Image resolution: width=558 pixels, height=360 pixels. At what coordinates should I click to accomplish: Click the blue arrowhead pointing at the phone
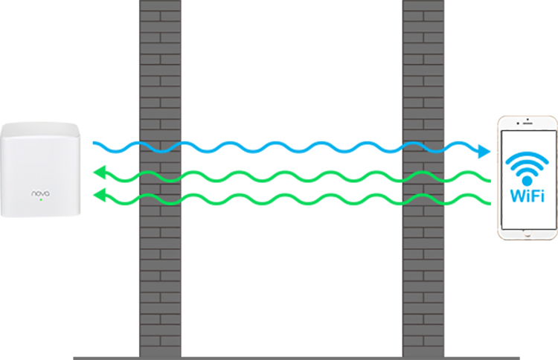[484, 151]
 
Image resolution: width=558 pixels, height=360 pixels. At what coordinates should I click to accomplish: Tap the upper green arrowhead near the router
[99, 173]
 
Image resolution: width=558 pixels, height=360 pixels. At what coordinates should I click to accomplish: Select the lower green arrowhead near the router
[99, 195]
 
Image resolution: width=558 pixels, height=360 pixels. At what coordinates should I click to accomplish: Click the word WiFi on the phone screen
[527, 196]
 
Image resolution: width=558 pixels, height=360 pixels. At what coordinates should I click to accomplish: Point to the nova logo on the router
[41, 193]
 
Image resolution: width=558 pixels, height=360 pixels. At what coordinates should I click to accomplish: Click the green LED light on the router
[41, 200]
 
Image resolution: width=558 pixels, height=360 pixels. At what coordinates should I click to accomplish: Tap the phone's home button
[527, 234]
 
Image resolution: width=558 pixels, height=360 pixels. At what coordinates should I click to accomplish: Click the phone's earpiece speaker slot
[527, 123]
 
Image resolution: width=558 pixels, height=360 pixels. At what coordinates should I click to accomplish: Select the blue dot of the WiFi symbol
[527, 181]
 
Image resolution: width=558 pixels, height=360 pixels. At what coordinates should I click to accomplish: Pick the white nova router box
[40, 170]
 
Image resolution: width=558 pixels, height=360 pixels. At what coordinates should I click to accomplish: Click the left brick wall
[160, 179]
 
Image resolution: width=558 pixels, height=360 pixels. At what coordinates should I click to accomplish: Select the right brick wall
[423, 179]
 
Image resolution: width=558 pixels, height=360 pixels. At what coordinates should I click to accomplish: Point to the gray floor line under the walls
[296, 359]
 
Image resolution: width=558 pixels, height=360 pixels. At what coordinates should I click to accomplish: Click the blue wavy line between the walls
[292, 147]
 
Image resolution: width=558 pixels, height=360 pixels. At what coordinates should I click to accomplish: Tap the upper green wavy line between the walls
[292, 176]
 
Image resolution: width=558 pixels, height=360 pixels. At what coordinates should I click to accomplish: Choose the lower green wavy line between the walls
[292, 199]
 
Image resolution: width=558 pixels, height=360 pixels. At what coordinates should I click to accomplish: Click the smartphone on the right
[527, 178]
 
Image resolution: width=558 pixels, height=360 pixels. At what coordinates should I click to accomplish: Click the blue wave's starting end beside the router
[94, 143]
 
